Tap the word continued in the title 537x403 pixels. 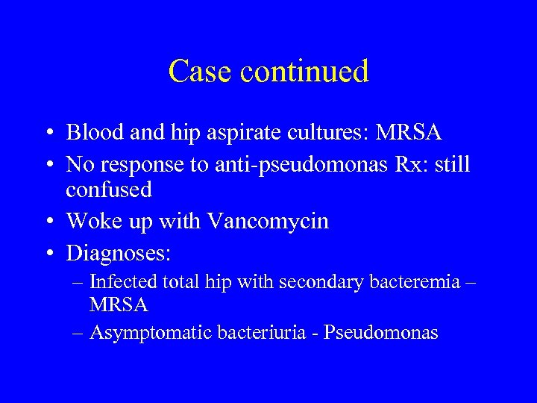[303, 72]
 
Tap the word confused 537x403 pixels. [109, 190]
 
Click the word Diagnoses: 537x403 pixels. [119, 254]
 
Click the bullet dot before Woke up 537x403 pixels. [48, 222]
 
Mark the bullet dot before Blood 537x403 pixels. [48, 134]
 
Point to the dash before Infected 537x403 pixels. [79, 283]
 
